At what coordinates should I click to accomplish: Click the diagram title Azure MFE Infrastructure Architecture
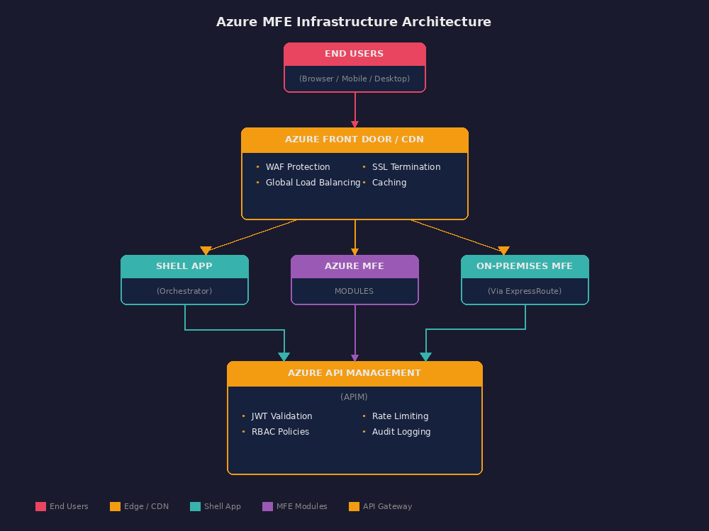[x=354, y=22]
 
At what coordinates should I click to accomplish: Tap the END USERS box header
[x=354, y=54]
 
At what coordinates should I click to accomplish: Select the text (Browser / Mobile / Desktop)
[x=354, y=79]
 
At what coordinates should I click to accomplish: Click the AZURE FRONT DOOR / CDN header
[x=354, y=139]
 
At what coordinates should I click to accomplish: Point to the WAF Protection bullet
[x=298, y=167]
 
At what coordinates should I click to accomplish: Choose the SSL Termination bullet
[x=406, y=167]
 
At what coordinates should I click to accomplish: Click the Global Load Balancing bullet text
[x=313, y=183]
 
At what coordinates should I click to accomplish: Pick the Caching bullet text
[x=389, y=183]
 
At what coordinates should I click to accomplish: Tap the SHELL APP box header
[x=184, y=266]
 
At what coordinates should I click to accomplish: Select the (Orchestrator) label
[x=184, y=291]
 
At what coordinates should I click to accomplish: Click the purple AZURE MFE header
[x=354, y=266]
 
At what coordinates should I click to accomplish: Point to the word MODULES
[x=354, y=291]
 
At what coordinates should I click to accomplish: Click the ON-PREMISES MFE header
[x=525, y=266]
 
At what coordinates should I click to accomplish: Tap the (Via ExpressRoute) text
[x=525, y=291]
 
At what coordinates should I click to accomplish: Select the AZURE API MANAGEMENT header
[x=354, y=373]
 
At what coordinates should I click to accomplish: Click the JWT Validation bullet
[x=281, y=416]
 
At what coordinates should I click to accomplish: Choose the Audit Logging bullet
[x=401, y=432]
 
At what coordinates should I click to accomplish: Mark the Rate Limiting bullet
[x=400, y=416]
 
